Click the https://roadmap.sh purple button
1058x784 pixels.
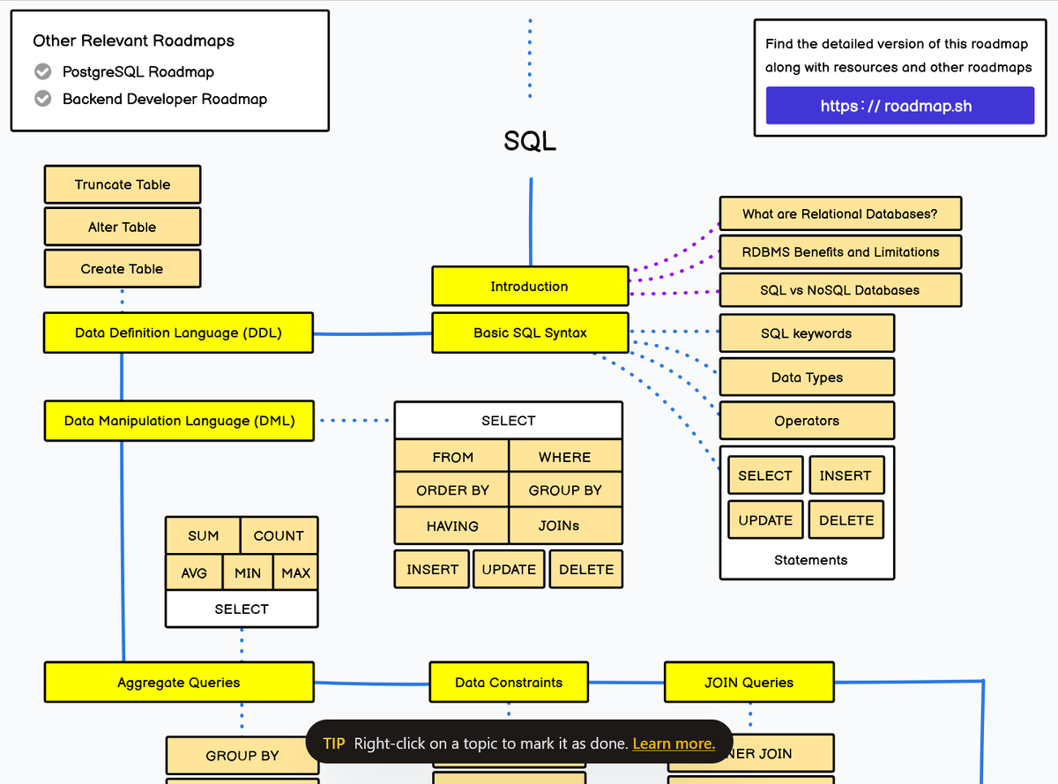click(x=899, y=106)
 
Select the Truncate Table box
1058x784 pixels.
click(x=123, y=184)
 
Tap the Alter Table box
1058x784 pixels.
click(x=123, y=227)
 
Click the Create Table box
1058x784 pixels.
click(x=123, y=269)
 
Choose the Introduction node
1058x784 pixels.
click(x=530, y=287)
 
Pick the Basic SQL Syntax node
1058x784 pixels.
click(x=530, y=332)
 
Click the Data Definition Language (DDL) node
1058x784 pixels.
click(x=179, y=332)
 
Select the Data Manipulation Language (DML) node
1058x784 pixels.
click(x=179, y=421)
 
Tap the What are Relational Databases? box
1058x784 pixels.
click(x=840, y=213)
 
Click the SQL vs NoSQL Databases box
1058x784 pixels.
click(x=840, y=290)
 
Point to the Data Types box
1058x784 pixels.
click(x=807, y=377)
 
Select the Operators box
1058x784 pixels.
click(x=807, y=421)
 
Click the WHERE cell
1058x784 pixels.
click(x=565, y=457)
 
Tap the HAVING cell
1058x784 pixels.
click(x=452, y=526)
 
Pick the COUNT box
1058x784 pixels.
click(x=279, y=535)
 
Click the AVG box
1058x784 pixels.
click(x=194, y=573)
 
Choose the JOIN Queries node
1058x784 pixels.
click(x=749, y=683)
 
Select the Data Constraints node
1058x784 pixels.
click(x=509, y=683)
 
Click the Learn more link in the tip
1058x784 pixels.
click(x=674, y=743)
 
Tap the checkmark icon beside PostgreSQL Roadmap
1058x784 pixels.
click(x=42, y=71)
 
